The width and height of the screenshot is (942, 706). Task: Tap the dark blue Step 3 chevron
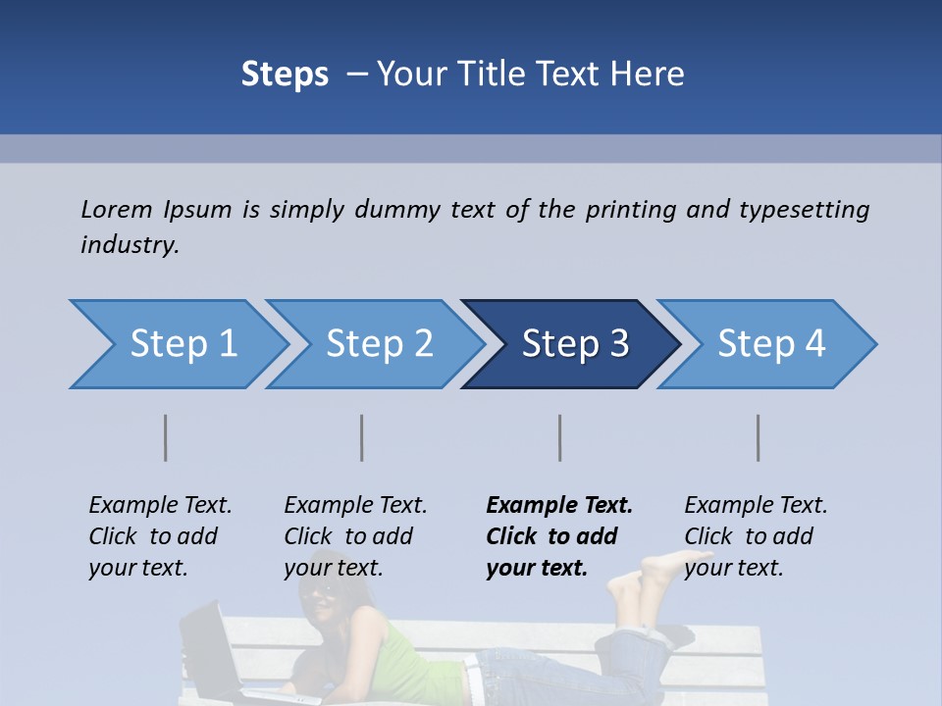point(572,344)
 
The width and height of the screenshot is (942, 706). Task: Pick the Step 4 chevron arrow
point(768,344)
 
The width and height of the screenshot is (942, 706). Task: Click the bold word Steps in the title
point(285,74)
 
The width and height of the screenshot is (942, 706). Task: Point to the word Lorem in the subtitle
point(116,209)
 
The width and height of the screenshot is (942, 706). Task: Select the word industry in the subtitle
point(129,245)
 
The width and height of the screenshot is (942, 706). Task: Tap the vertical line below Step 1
point(166,437)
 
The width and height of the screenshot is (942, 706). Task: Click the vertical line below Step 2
point(362,437)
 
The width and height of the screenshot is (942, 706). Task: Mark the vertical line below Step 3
point(559,437)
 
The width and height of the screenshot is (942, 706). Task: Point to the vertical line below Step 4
point(758,437)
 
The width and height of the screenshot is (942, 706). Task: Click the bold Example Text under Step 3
point(559,506)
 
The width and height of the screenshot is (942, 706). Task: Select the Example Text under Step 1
point(160,506)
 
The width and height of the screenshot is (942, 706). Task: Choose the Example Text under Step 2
point(355,506)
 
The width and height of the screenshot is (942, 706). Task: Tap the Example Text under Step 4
point(756,506)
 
